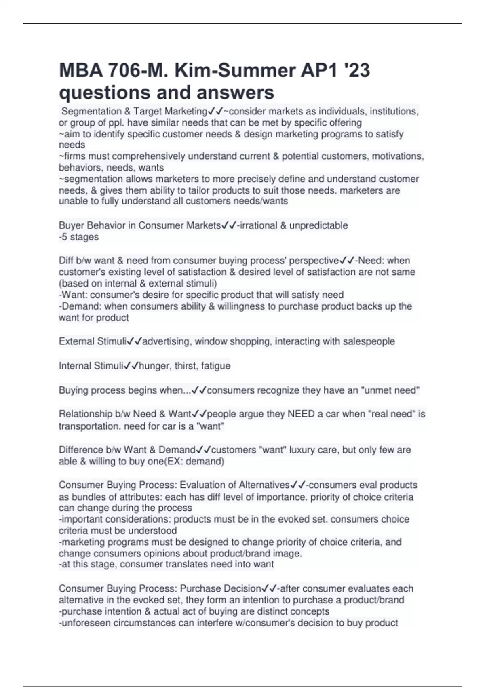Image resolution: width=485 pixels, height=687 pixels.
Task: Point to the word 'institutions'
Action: (x=392, y=111)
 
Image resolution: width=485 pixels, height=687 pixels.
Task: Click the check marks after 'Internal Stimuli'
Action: (x=131, y=366)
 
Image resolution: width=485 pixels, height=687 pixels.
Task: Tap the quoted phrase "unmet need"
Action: (x=390, y=390)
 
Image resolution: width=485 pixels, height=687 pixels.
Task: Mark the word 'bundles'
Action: (x=83, y=497)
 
